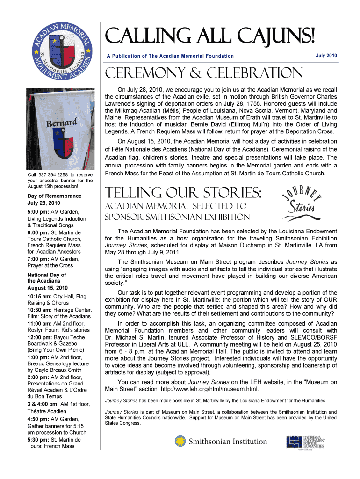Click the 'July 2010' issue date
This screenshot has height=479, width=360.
(326, 56)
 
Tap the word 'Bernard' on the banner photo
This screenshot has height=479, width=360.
(61, 125)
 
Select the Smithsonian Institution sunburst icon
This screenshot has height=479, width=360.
(180, 441)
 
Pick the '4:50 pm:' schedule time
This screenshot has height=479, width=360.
(39, 419)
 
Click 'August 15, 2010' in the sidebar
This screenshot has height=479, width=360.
(48, 288)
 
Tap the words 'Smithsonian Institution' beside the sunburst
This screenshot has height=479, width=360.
(221, 441)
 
